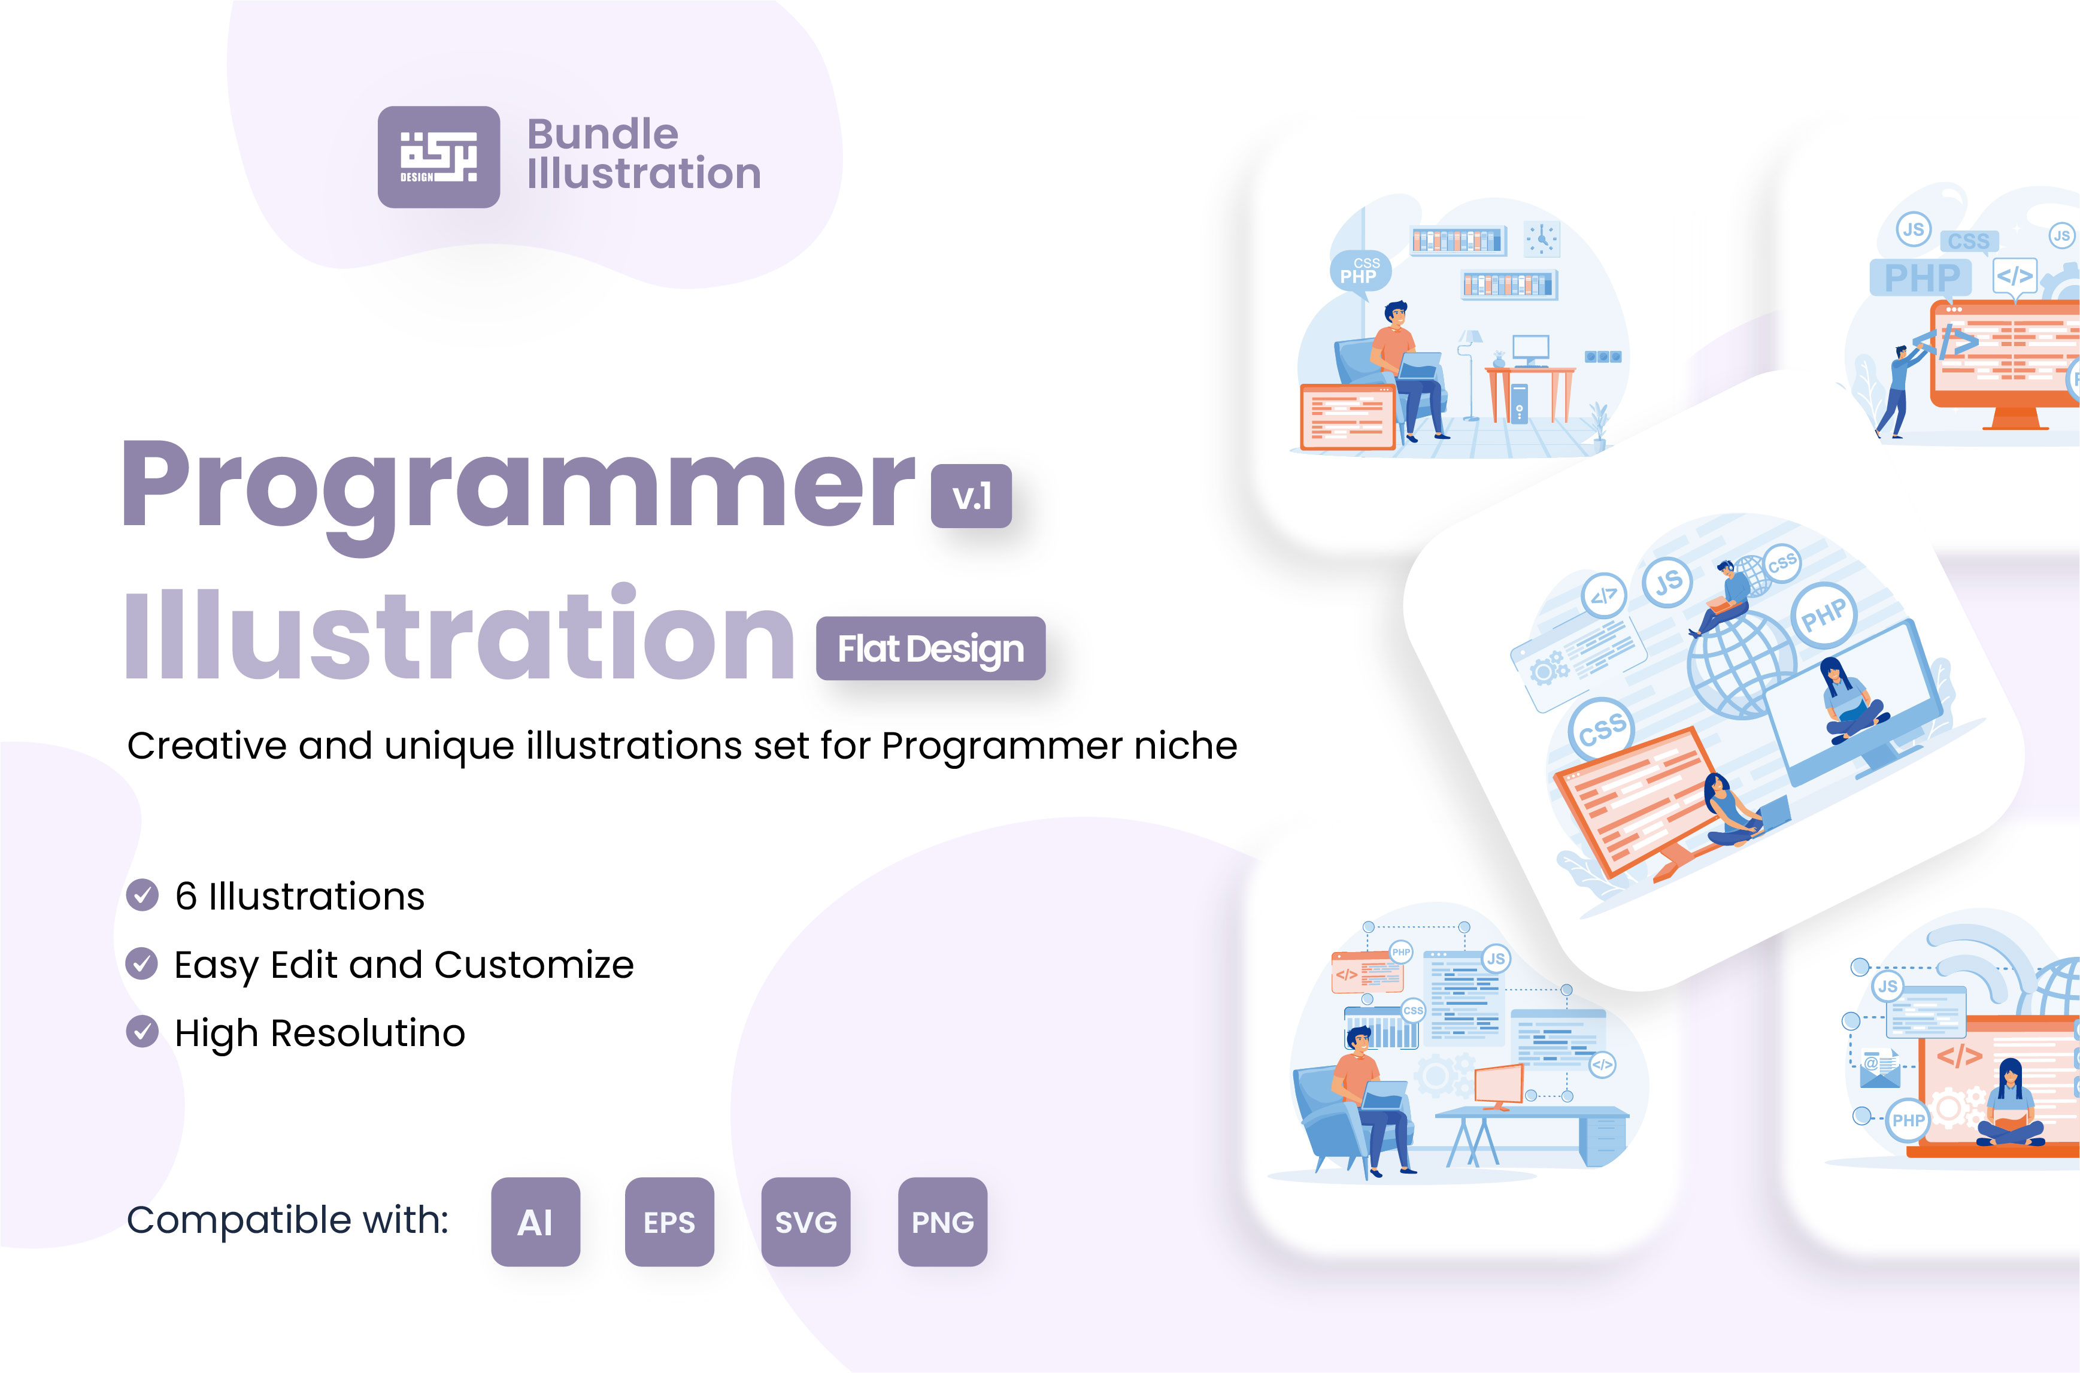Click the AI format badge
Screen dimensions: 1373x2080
(x=535, y=1222)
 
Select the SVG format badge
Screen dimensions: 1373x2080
(x=805, y=1222)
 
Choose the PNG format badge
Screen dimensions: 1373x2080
(x=942, y=1222)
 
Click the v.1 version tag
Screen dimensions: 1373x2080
(x=971, y=496)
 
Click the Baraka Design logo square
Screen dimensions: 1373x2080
(x=439, y=157)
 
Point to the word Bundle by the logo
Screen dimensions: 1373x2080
(x=602, y=134)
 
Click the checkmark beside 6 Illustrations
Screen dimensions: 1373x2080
(x=142, y=895)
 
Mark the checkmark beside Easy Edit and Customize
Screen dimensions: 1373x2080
(x=142, y=963)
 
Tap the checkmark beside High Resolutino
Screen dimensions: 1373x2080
(x=142, y=1032)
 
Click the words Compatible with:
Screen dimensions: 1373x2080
(x=287, y=1220)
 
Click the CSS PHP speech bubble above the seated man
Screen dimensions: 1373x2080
(x=1360, y=271)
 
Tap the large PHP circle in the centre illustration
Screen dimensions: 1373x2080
(x=1824, y=616)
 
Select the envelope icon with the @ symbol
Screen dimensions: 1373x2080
(x=1879, y=1068)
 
